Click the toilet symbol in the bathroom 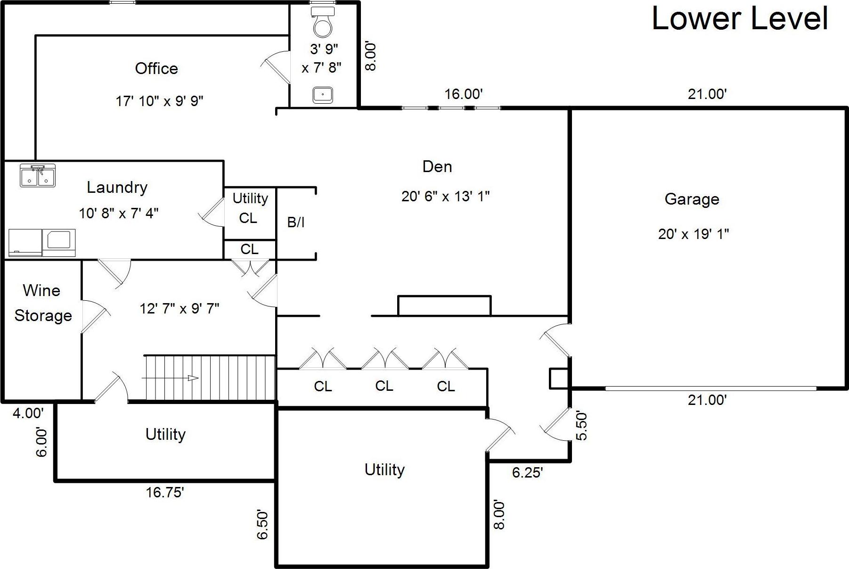(x=323, y=22)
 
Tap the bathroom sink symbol (x=323, y=95)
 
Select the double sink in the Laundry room (x=38, y=175)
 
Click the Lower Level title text (x=739, y=19)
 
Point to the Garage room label (x=692, y=199)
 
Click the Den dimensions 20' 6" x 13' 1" (x=445, y=196)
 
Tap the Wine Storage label (x=42, y=303)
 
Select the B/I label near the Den (x=296, y=223)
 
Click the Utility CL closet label (x=250, y=208)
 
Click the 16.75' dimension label (x=164, y=492)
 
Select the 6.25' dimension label (x=527, y=472)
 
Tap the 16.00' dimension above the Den (x=463, y=94)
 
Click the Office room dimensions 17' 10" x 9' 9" (x=159, y=101)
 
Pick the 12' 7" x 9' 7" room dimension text (x=179, y=309)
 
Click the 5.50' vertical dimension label (x=582, y=426)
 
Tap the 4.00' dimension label (x=28, y=413)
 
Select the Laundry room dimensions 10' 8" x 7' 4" (x=118, y=214)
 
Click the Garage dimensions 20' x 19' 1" (x=693, y=234)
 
